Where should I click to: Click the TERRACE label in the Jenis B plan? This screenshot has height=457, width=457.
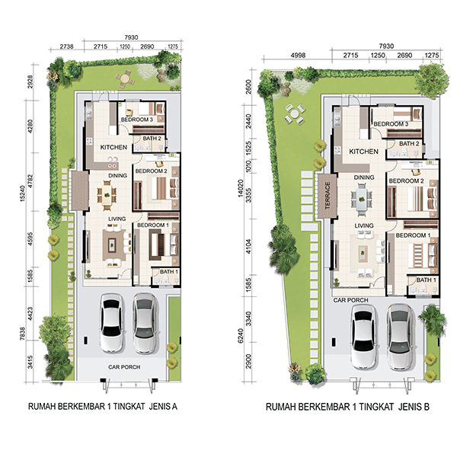pos(328,195)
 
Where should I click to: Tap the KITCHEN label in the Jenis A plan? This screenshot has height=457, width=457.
pos(113,147)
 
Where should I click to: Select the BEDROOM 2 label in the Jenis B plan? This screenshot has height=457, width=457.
pos(406,181)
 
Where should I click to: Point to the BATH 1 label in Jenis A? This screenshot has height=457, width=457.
pos(169,272)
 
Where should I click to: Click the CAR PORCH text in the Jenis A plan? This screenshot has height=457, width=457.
pos(124,367)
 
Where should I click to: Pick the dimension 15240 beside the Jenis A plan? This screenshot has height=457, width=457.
pos(23,193)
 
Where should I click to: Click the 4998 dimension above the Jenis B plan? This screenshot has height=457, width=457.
pos(298,55)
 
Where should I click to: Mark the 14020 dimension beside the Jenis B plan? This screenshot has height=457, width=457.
pos(241,188)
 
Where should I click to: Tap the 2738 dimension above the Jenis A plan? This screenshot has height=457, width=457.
pos(66,46)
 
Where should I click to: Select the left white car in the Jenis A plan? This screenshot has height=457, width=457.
pos(110,323)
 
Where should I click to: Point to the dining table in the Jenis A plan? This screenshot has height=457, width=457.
pos(107,195)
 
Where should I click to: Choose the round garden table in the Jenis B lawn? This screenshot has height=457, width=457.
pos(295,113)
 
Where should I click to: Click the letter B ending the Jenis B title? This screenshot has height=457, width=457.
pos(427,407)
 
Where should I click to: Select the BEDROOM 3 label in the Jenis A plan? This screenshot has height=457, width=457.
pos(136,120)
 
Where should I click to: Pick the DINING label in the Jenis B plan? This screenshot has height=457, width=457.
pos(364,177)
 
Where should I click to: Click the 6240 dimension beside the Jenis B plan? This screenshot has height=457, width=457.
pos(241,336)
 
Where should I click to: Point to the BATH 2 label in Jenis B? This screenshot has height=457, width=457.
pos(409,144)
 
